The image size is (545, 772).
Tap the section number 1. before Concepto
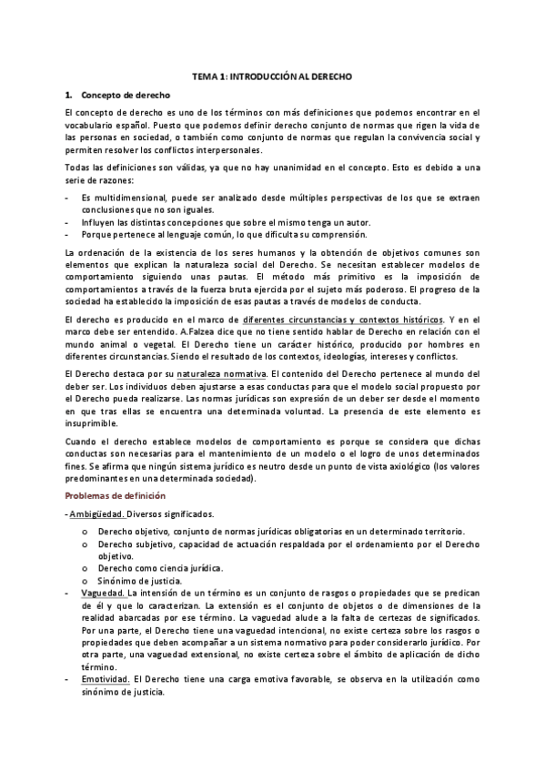(68, 95)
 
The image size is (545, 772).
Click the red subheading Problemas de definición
(115, 496)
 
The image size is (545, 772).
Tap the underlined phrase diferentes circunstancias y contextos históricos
(344, 319)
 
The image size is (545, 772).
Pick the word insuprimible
(92, 423)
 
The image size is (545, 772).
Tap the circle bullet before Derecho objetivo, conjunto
(85, 532)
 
